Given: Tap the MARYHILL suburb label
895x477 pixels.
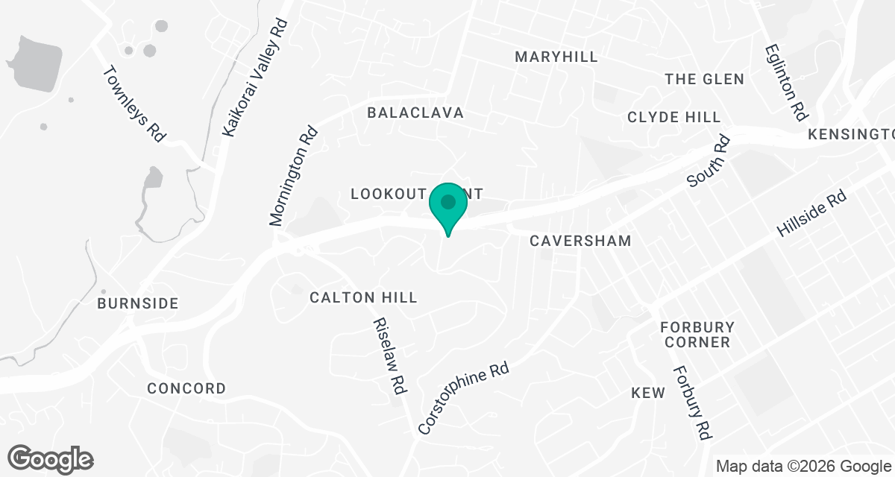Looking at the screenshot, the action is tap(556, 57).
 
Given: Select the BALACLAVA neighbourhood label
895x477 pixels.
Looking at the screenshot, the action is tap(415, 113).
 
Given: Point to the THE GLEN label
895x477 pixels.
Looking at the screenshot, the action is tap(704, 79).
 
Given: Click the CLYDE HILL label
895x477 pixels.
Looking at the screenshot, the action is tap(674, 117).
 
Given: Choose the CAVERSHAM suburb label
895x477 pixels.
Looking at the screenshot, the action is tap(580, 241).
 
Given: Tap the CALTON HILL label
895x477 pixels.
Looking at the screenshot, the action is tap(363, 297).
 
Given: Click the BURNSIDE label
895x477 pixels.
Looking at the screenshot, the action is tap(138, 303).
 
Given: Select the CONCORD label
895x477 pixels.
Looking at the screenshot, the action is tap(186, 388).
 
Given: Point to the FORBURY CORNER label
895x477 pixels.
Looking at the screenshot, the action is tap(697, 335).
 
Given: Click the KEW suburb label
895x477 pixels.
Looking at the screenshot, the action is tap(647, 393).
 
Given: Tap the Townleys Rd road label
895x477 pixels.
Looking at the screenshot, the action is tap(133, 104).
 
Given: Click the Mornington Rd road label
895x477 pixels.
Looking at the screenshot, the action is tap(294, 176).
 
